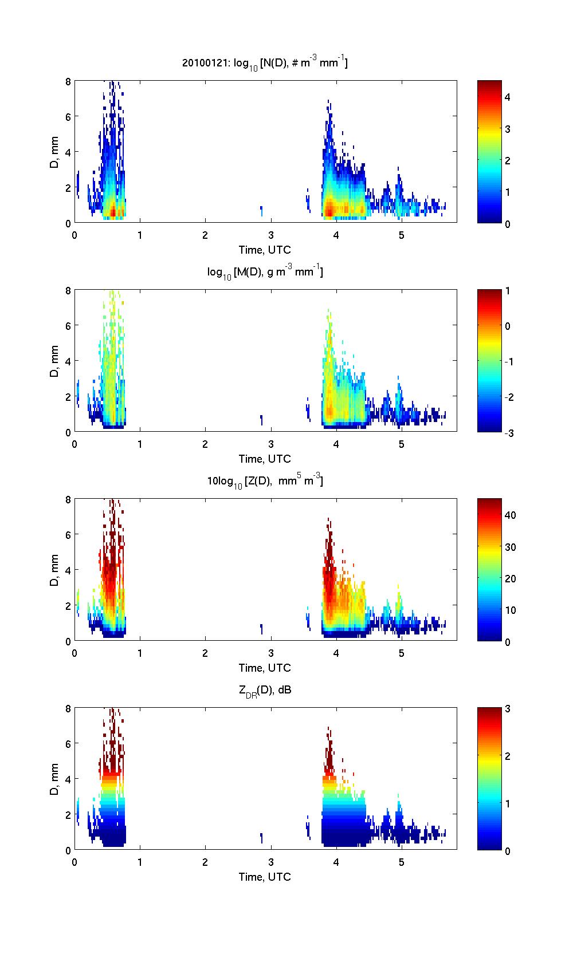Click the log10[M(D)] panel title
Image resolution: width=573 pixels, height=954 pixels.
(x=265, y=271)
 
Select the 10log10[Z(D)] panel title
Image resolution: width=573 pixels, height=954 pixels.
(x=265, y=480)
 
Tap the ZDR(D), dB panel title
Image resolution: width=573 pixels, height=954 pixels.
(x=265, y=690)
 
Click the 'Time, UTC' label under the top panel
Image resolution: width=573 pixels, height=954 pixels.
(x=265, y=250)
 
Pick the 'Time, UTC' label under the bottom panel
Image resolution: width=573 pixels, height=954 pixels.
(x=265, y=877)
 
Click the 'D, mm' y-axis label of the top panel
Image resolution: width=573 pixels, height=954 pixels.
(x=54, y=152)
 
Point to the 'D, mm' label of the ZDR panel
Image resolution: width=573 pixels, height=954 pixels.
(x=54, y=779)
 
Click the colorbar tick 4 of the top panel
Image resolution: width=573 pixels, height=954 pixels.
(x=508, y=97)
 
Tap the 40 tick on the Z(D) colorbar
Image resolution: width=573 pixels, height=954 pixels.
(x=510, y=515)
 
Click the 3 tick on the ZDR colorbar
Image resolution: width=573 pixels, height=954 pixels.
(x=508, y=709)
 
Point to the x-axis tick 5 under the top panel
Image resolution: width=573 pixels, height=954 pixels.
(x=401, y=235)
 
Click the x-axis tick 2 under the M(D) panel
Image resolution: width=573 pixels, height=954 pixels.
(x=205, y=444)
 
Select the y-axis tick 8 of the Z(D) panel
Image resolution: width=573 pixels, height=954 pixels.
(x=68, y=499)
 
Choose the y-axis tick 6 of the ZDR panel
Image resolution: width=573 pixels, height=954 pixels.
(x=68, y=743)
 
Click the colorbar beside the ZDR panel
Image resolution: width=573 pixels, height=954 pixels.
(x=489, y=779)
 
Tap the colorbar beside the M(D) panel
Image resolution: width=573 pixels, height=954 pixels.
(x=489, y=361)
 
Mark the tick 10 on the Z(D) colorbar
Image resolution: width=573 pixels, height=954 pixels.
(x=510, y=610)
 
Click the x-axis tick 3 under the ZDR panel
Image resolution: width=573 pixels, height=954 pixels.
(x=270, y=862)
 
